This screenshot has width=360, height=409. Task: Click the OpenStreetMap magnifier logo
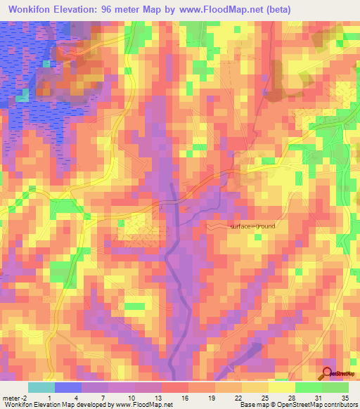point(328,374)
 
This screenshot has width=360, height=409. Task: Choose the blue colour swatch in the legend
point(68,387)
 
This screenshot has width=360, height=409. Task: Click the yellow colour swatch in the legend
point(281,387)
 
